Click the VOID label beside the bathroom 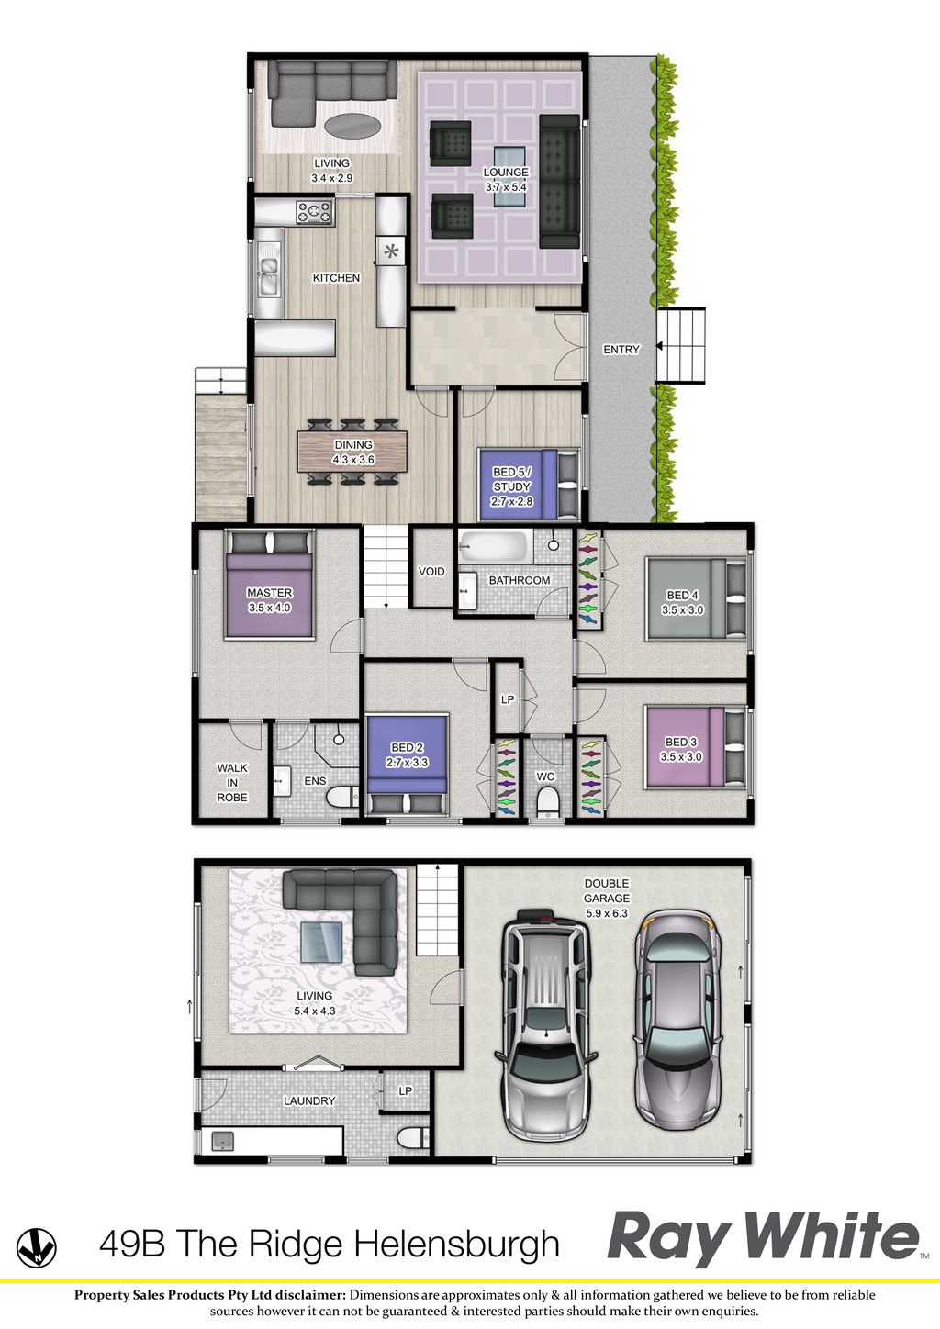point(431,572)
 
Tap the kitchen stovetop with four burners point(315,212)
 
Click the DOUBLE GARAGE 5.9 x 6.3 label point(607,899)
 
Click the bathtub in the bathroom point(494,546)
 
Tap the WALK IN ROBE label point(232,783)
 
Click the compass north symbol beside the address point(36,1247)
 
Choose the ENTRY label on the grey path point(621,350)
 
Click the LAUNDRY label point(309,1100)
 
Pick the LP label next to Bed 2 point(508,699)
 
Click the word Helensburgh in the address point(458,1245)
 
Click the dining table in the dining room point(352,452)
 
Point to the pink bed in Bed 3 point(696,747)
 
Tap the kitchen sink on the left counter point(268,276)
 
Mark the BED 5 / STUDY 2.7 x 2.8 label point(511,486)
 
